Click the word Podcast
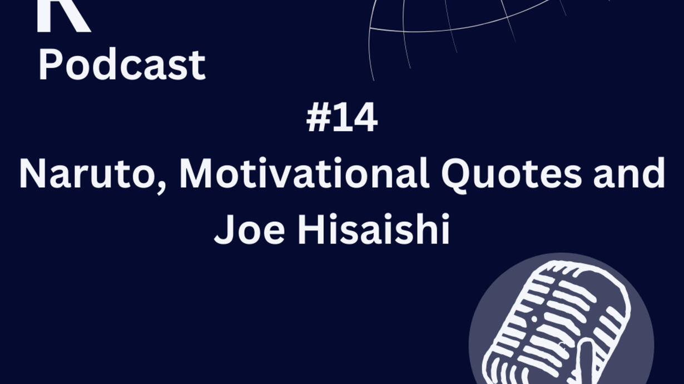click(x=122, y=64)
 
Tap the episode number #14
click(x=342, y=117)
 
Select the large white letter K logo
click(x=63, y=15)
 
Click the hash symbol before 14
click(x=319, y=117)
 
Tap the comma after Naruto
click(x=161, y=187)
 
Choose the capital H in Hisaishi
click(x=311, y=229)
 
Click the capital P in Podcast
click(x=51, y=64)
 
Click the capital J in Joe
click(x=225, y=230)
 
